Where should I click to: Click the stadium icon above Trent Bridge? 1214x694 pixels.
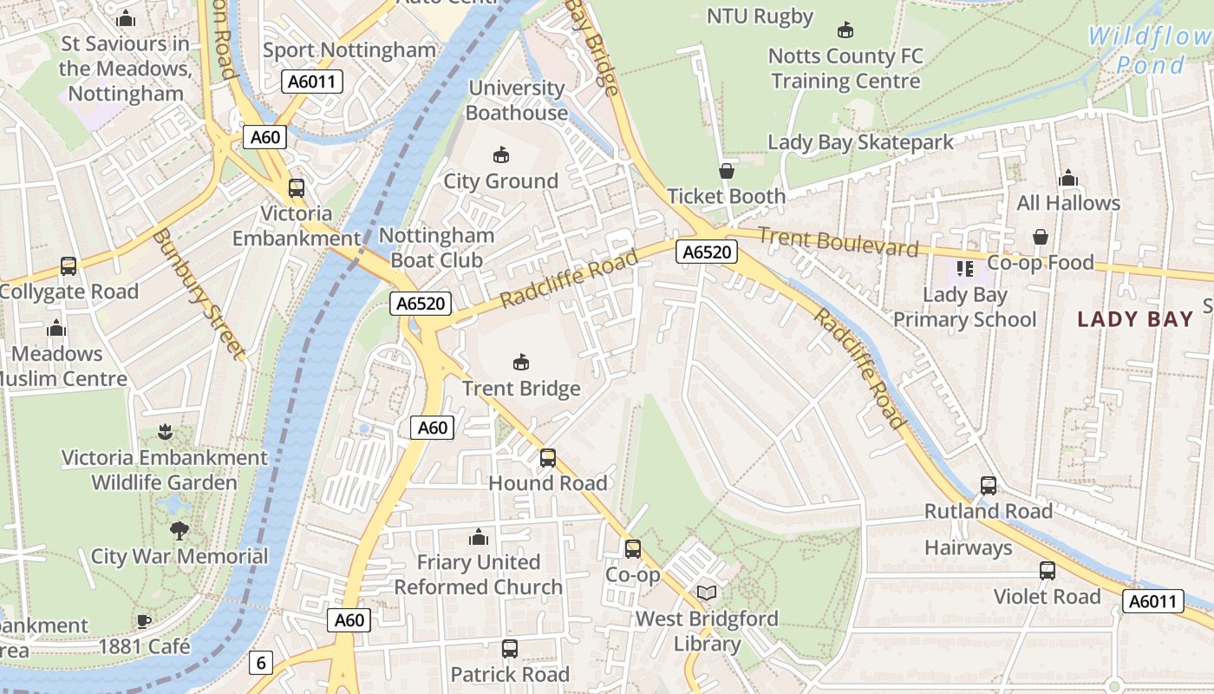(x=521, y=362)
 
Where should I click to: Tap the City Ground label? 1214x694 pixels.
(x=500, y=181)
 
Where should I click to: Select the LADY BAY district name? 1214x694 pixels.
(x=1135, y=319)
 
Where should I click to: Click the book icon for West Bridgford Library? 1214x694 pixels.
(x=708, y=593)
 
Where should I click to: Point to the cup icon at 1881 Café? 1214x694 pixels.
(x=144, y=621)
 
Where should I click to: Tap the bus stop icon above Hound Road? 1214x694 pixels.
(x=548, y=457)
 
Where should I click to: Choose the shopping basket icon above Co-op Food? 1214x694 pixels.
(x=1041, y=237)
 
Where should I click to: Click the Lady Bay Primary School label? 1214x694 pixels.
(x=964, y=307)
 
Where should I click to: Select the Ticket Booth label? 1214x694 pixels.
(x=726, y=197)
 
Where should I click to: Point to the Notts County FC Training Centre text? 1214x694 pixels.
(x=845, y=69)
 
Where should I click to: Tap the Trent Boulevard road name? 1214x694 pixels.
(x=838, y=242)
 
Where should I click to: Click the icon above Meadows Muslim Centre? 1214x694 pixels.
(x=56, y=328)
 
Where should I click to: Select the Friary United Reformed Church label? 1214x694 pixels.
(x=479, y=574)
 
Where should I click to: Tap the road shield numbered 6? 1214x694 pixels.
(x=261, y=664)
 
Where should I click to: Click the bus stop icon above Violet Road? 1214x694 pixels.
(x=1048, y=571)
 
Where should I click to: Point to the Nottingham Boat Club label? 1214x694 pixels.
(x=437, y=247)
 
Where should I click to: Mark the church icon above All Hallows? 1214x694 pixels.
(x=1068, y=178)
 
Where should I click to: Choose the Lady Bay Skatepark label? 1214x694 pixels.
(x=860, y=142)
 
